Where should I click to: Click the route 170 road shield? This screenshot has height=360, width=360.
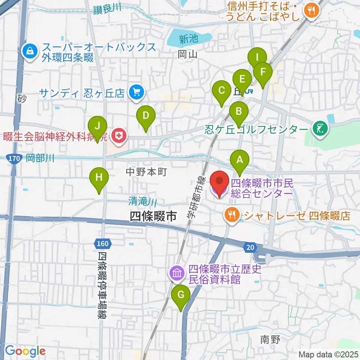13,158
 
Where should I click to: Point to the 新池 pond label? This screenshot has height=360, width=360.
188,39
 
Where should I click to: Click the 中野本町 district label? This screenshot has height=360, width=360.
146,172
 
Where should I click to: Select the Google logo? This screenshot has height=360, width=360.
25,351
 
